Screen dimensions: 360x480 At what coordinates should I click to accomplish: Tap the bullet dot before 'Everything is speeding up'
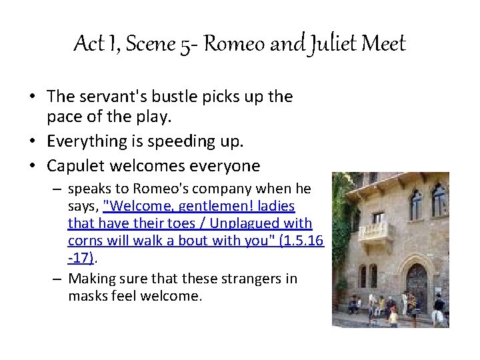pos(31,141)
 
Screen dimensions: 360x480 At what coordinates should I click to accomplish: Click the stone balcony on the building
pos(373,231)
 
